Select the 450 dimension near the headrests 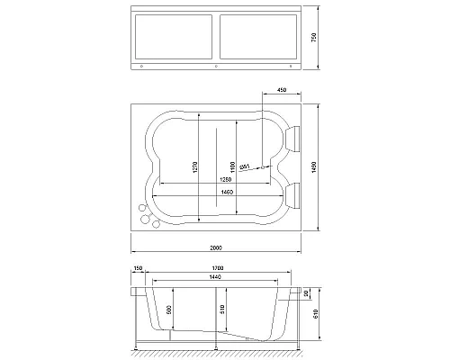(282, 90)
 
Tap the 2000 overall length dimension (215, 246)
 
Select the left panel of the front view (172, 39)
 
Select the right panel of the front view (257, 39)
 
